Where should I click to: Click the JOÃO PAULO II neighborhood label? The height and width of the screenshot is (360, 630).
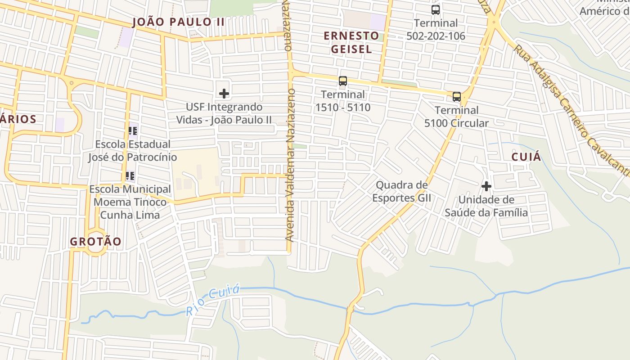point(178,22)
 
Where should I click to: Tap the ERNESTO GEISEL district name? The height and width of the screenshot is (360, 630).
point(351,42)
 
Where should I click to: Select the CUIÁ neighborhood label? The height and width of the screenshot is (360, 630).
point(526,157)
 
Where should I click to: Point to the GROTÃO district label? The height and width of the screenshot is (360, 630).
point(95,242)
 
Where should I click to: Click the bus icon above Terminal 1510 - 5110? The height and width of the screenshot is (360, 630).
point(343,81)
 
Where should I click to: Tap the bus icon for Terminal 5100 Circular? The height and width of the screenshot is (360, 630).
point(456,97)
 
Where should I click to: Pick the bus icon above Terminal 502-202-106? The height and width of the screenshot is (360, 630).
point(435,10)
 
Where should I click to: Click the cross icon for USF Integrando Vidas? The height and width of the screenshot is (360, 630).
point(224,94)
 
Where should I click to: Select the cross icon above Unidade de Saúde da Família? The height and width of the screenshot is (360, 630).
point(486,186)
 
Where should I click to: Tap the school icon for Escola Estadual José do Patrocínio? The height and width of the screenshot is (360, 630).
point(132,131)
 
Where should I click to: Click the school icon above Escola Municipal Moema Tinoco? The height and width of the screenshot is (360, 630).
point(130,176)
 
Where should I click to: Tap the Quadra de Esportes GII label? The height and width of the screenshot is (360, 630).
point(401,191)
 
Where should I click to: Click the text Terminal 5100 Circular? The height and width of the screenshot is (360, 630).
point(456,117)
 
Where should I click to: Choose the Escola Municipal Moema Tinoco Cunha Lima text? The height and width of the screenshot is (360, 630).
point(130,202)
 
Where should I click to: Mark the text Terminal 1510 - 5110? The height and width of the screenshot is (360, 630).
point(343,101)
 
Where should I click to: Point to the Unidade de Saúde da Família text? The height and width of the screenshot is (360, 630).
point(486,206)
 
